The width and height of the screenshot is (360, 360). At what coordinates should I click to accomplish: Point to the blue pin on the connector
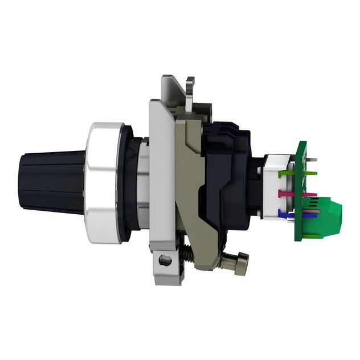[285, 214]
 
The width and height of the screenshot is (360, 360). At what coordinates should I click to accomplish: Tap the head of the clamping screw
[241, 263]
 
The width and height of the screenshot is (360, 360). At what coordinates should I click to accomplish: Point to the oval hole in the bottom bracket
[165, 260]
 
